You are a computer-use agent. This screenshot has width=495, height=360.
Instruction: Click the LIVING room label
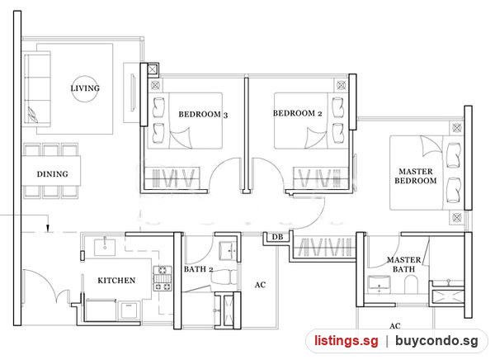tap(85, 88)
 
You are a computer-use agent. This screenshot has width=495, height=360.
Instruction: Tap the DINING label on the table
tap(53, 174)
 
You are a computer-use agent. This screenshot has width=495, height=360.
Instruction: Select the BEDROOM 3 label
tap(203, 115)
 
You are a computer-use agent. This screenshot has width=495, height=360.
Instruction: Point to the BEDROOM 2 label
tap(297, 113)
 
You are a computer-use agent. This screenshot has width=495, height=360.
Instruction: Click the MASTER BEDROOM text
tap(416, 176)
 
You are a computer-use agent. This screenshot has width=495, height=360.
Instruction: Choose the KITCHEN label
tap(116, 281)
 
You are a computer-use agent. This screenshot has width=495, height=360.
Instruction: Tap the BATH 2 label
tap(198, 269)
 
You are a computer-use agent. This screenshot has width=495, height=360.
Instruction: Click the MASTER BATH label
tap(403, 264)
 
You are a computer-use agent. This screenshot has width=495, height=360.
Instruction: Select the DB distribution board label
tap(277, 237)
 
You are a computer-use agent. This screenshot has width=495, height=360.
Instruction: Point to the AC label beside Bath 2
tap(260, 285)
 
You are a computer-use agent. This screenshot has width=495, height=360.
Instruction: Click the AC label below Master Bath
tap(395, 326)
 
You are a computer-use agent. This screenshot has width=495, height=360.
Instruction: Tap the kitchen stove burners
tap(163, 278)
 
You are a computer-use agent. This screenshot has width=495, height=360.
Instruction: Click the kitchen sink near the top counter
tap(105, 247)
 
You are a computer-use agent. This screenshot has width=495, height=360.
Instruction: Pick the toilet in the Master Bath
tap(411, 284)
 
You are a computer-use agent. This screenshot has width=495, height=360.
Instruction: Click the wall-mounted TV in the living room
tap(133, 93)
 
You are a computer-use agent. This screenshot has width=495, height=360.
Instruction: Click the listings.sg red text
tap(346, 341)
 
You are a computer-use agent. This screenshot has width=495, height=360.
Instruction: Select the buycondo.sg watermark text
tap(436, 341)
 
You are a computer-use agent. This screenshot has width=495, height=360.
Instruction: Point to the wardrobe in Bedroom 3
tap(172, 178)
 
